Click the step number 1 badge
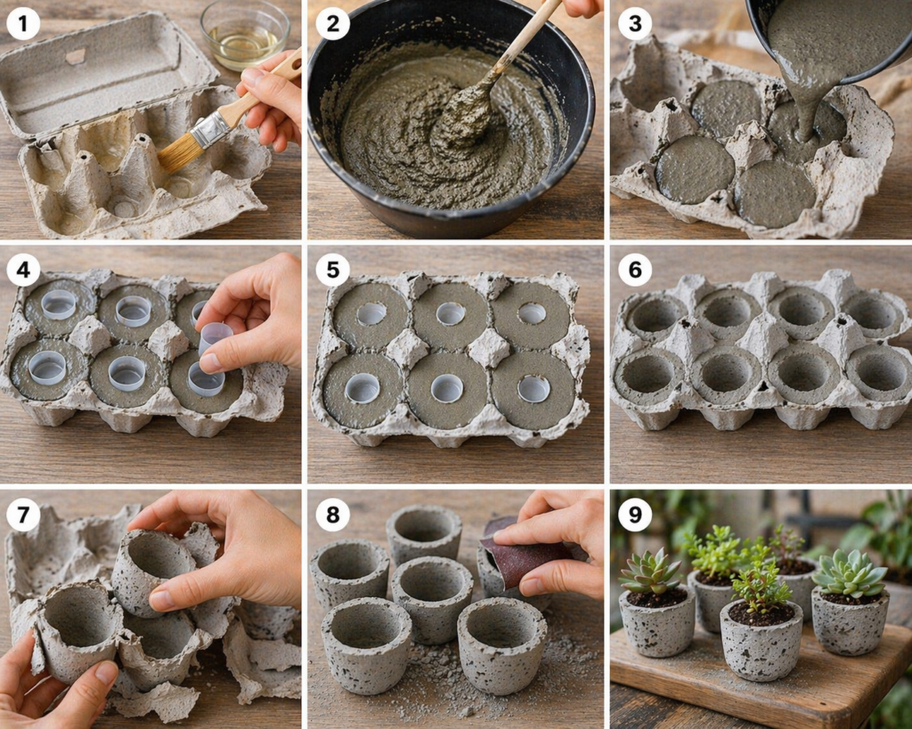(x=23, y=23)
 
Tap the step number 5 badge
(x=332, y=271)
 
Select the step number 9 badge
(x=634, y=515)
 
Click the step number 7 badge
(x=23, y=515)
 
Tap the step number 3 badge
(x=634, y=23)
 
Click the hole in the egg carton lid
(x=76, y=57)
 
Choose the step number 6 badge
(x=634, y=271)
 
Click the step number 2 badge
(x=332, y=23)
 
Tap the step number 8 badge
(x=332, y=515)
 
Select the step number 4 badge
(x=23, y=271)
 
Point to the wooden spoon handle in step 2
(x=526, y=37)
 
